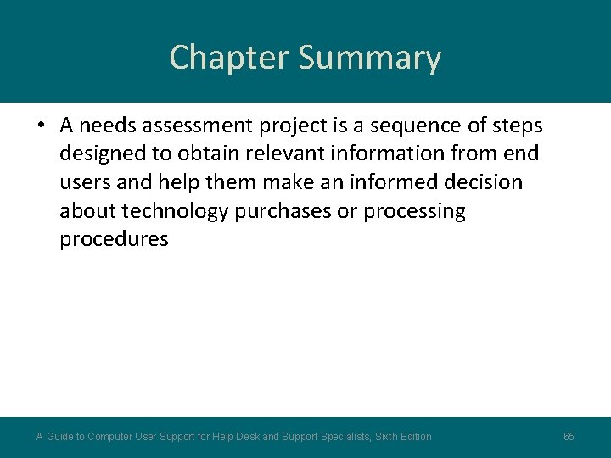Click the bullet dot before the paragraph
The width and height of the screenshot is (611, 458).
pos(41,126)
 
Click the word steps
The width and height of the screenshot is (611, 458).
pos(518,126)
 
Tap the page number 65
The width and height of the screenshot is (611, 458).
pos(569,437)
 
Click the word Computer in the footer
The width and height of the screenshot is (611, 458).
pos(110,437)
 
